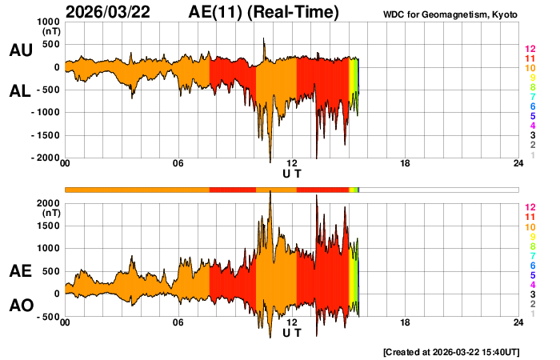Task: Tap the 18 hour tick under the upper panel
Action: [405, 164]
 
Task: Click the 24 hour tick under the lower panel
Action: [518, 322]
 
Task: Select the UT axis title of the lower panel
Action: [292, 333]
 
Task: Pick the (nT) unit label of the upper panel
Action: [50, 32]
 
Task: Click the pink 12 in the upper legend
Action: [530, 50]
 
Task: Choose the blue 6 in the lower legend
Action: [532, 265]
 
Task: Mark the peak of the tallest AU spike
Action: [263, 38]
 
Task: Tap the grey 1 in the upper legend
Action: [532, 155]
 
